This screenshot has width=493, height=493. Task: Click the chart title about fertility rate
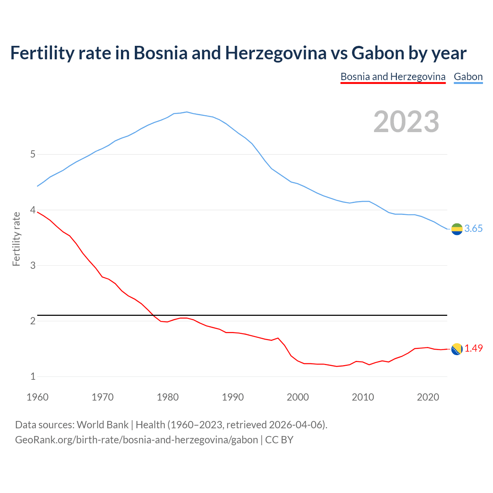point(238,53)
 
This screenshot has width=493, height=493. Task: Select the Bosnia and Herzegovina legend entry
point(393,77)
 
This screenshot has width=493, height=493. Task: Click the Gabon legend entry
point(468,77)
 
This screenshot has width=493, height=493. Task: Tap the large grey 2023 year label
point(406,122)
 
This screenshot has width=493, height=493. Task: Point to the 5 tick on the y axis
point(33,154)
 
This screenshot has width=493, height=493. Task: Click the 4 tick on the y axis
point(33,210)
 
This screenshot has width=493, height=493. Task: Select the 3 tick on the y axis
point(33,265)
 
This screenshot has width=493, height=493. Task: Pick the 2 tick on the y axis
point(33,321)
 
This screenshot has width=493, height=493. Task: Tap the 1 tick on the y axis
point(33,376)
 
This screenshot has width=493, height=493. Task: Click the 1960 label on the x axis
point(37,397)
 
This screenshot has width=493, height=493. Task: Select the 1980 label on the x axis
point(168,397)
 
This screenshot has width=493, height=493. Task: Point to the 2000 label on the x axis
point(298,397)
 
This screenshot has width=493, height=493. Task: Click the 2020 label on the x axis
point(428,397)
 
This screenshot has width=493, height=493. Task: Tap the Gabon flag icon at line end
point(457,229)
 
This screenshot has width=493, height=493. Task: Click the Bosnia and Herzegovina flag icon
point(457,349)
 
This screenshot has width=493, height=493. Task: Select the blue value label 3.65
point(473,229)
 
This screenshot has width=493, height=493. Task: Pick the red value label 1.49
point(473,349)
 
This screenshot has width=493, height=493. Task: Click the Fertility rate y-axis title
point(16,239)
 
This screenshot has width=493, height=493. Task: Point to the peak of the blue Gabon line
point(187,112)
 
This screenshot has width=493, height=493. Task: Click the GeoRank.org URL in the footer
point(136,440)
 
